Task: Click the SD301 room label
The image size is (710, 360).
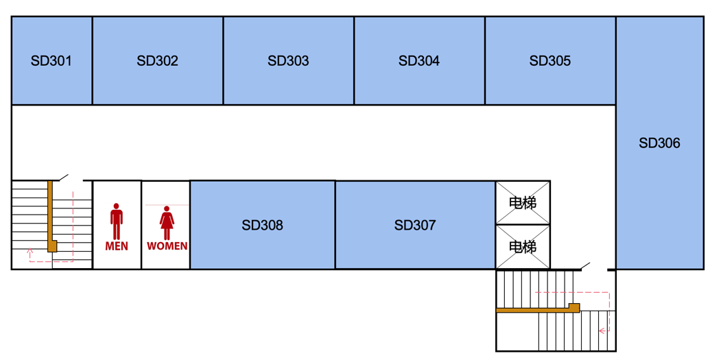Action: tap(51, 60)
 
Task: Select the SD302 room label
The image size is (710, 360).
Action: tap(158, 60)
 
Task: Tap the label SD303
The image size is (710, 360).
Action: tap(288, 60)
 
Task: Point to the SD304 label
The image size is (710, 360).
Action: tap(419, 60)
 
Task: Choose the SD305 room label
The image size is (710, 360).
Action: tap(550, 60)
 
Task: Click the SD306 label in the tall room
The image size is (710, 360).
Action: tap(660, 143)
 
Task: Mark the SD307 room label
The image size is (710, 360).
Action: tap(415, 225)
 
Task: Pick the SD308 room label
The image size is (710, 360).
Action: tap(263, 225)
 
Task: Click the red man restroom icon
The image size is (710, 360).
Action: tap(117, 221)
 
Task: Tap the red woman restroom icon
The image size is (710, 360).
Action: tap(167, 223)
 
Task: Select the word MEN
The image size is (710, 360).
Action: tap(117, 246)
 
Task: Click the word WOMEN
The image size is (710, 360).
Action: tap(167, 246)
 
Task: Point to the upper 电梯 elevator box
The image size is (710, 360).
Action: tap(523, 203)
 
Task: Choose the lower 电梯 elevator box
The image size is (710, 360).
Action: tap(523, 247)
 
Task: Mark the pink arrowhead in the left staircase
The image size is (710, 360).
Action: tap(30, 250)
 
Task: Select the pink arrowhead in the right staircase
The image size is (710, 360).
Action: tap(602, 331)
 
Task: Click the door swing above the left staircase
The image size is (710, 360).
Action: tap(64, 177)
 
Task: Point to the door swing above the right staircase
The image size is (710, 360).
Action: tap(586, 266)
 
